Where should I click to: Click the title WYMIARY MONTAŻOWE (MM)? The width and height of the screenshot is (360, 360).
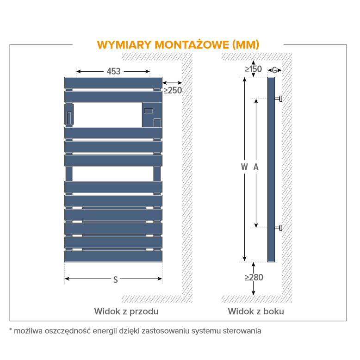click(x=178, y=45)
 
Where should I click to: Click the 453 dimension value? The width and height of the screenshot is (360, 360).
click(x=113, y=71)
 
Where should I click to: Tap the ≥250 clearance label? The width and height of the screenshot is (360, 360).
click(x=173, y=90)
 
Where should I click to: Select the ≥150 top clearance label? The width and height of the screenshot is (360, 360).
click(x=253, y=69)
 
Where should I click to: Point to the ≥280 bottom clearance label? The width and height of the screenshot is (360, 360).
click(x=254, y=277)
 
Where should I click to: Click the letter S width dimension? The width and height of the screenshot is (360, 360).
click(x=115, y=279)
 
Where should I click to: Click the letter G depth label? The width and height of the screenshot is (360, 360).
click(x=274, y=70)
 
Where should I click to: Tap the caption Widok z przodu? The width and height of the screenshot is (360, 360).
click(x=126, y=311)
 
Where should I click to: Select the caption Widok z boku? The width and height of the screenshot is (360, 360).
click(x=255, y=311)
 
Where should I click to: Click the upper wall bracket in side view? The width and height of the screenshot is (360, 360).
click(x=279, y=99)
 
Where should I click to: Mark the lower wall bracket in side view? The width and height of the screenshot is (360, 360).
click(x=279, y=228)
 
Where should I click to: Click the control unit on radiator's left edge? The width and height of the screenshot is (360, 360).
click(x=68, y=114)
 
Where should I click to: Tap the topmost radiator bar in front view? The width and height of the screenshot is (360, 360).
click(x=113, y=82)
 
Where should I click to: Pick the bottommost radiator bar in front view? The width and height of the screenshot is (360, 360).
click(x=113, y=256)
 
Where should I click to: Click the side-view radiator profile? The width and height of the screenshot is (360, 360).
click(x=271, y=169)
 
